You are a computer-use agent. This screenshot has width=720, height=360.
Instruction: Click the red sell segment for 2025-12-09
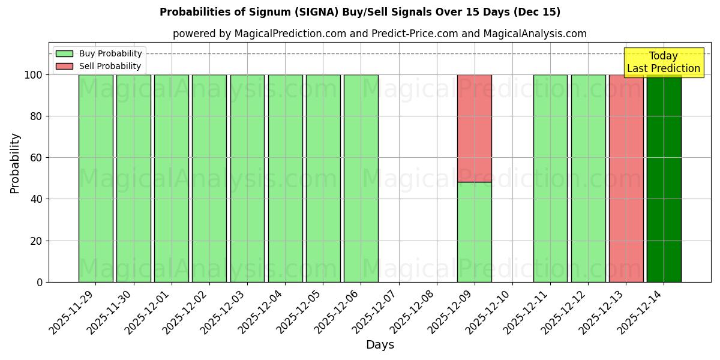(474, 128)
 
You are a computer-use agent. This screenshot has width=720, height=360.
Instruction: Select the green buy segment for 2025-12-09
(474, 232)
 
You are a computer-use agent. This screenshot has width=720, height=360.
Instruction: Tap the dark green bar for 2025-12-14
(664, 178)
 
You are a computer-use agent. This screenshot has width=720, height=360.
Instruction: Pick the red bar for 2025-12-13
(626, 178)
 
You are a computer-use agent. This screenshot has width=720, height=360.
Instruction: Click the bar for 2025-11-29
(95, 178)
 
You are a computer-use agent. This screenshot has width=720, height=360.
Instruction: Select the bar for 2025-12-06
(361, 178)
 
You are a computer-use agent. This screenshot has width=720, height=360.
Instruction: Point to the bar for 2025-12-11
(550, 178)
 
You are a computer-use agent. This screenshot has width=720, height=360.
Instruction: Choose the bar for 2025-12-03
(247, 178)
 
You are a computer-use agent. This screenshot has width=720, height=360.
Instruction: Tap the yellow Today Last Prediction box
(664, 62)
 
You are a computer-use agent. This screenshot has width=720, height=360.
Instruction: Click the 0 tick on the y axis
(40, 282)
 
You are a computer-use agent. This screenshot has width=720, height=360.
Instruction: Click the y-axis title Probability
(15, 163)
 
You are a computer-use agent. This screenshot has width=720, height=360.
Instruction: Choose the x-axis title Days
(380, 345)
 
